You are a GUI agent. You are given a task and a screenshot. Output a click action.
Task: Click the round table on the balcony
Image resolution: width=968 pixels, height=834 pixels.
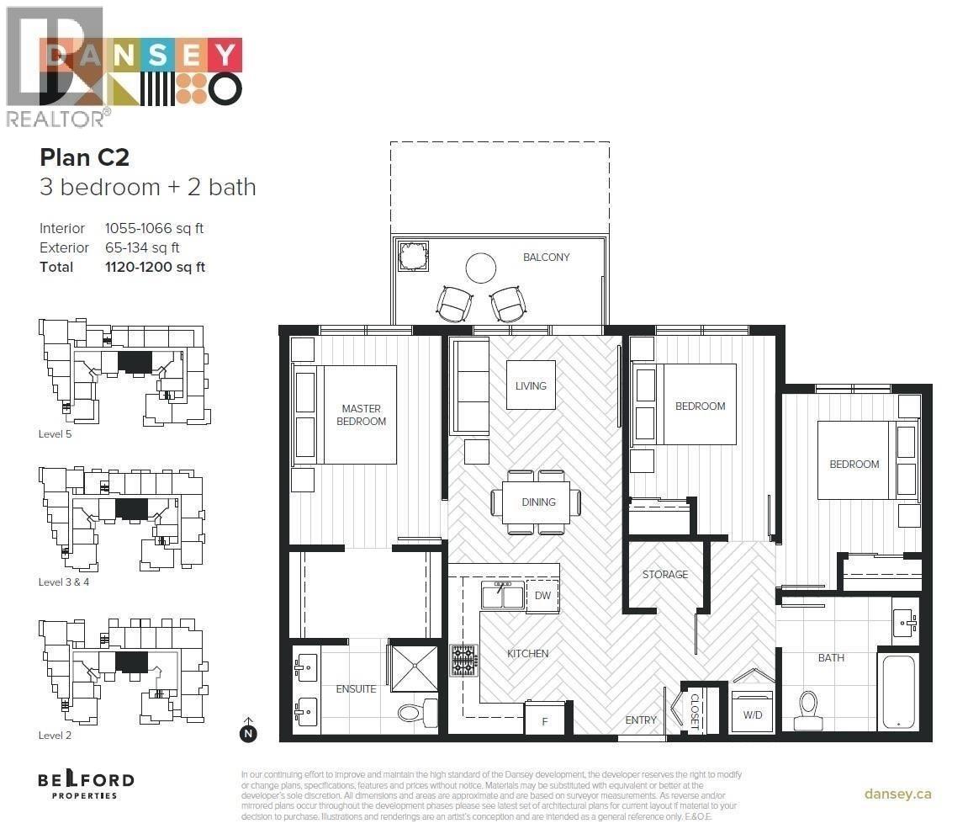[482, 268]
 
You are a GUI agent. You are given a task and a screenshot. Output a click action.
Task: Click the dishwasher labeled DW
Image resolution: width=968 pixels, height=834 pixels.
[542, 595]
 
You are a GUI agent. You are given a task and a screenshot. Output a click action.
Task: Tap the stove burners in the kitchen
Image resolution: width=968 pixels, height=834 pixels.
[463, 660]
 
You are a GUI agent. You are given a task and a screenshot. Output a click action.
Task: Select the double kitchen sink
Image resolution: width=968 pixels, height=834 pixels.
[503, 594]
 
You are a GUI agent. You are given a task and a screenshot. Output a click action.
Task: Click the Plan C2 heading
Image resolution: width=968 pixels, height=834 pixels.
[84, 157]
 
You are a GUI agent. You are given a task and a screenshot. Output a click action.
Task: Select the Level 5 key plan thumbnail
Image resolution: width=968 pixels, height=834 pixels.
[124, 372]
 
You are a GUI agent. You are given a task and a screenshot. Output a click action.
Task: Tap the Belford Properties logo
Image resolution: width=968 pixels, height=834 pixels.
[85, 784]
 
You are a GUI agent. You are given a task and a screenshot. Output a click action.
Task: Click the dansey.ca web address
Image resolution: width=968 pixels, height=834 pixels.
[897, 794]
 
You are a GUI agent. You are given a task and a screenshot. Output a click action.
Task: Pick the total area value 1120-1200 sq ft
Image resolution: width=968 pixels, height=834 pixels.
[155, 267]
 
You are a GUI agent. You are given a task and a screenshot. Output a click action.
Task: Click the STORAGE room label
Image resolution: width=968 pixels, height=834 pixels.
[665, 575]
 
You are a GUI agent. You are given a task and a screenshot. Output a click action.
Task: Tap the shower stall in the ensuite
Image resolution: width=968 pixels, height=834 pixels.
[414, 667]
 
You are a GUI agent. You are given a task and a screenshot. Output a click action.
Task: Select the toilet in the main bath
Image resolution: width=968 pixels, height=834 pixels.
[808, 709]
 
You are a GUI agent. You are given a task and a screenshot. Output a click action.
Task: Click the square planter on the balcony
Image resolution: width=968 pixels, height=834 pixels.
[414, 256]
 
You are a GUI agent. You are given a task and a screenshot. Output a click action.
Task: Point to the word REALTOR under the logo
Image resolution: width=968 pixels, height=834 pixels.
[55, 119]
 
